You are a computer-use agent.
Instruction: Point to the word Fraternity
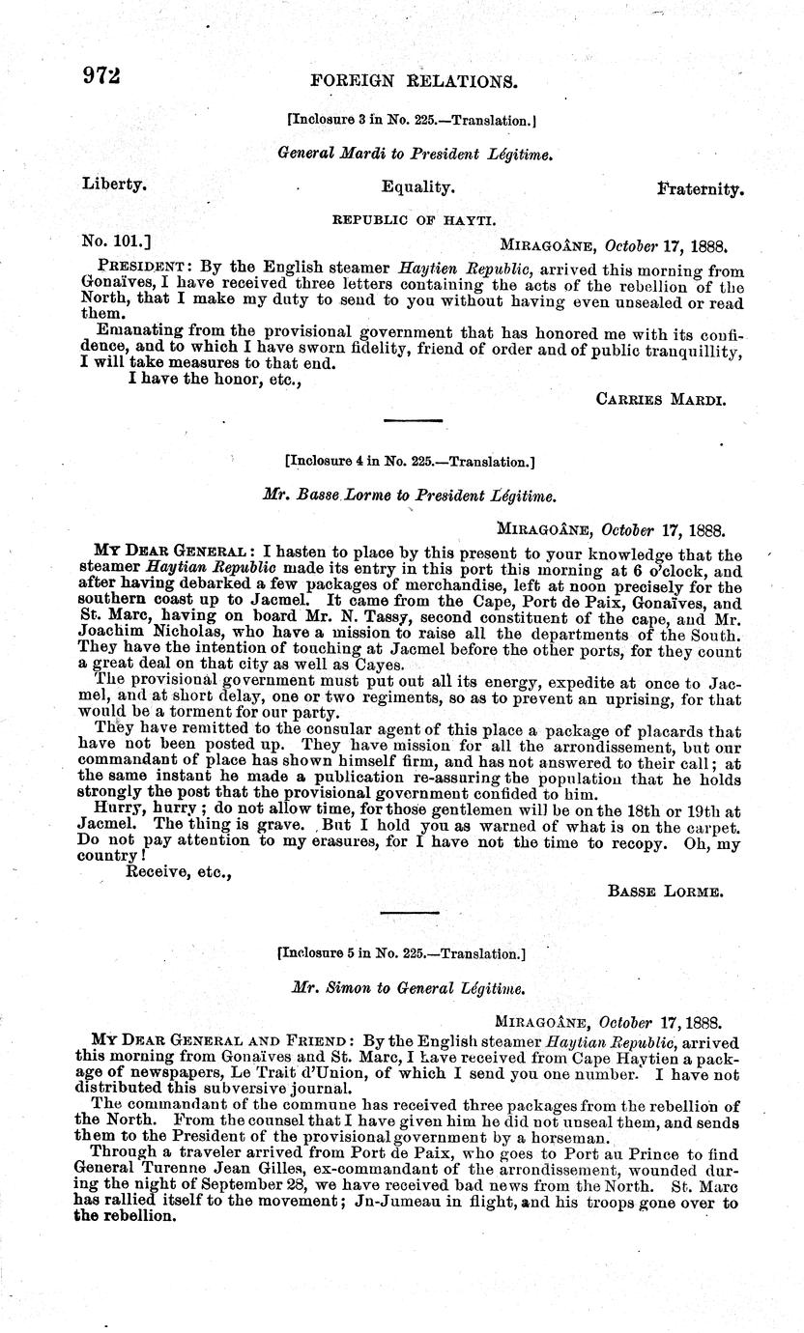pyautogui.click(x=701, y=188)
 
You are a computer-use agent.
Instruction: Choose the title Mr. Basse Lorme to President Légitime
pyautogui.click(x=409, y=496)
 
